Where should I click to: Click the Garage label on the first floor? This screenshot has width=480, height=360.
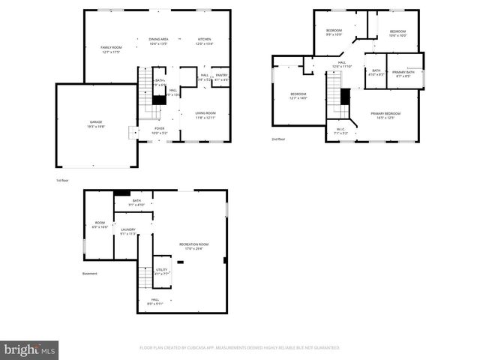[96, 122]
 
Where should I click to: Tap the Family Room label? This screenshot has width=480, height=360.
[112, 49]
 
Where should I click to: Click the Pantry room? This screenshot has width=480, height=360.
[221, 76]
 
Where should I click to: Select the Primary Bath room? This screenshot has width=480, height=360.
[403, 73]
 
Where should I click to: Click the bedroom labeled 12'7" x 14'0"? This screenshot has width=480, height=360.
[298, 96]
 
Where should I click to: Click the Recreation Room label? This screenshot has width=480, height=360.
[193, 246]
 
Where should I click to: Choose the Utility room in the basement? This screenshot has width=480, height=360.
[161, 271]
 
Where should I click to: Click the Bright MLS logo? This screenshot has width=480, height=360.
[29, 349]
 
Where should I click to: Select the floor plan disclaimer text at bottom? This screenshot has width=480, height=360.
[240, 348]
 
